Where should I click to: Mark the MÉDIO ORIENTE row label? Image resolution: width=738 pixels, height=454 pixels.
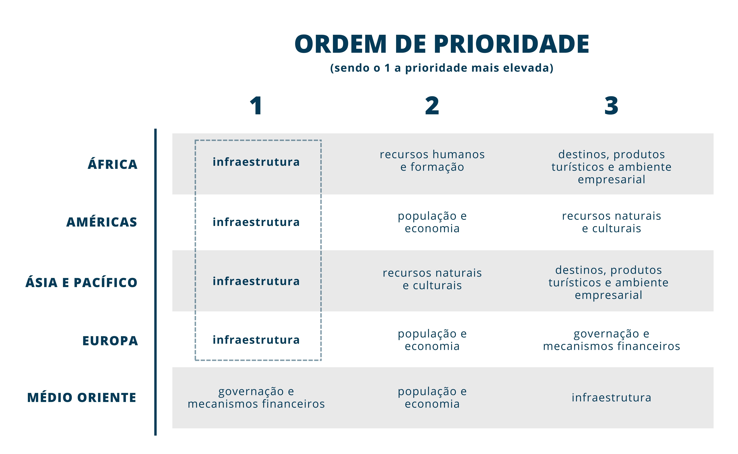click(82, 398)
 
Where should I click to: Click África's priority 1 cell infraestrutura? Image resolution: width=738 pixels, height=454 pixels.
click(256, 162)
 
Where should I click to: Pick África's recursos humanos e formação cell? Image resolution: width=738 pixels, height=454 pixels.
click(432, 161)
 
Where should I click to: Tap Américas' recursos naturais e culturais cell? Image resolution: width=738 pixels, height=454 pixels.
click(612, 222)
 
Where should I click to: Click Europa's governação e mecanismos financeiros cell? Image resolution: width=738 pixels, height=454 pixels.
click(612, 340)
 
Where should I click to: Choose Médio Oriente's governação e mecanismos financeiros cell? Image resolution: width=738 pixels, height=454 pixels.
click(256, 398)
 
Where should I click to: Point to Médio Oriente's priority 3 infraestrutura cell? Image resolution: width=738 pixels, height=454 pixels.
click(612, 398)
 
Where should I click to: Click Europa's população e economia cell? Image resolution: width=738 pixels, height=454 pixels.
click(432, 340)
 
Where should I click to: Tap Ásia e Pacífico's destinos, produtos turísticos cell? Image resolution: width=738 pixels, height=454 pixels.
click(608, 282)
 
